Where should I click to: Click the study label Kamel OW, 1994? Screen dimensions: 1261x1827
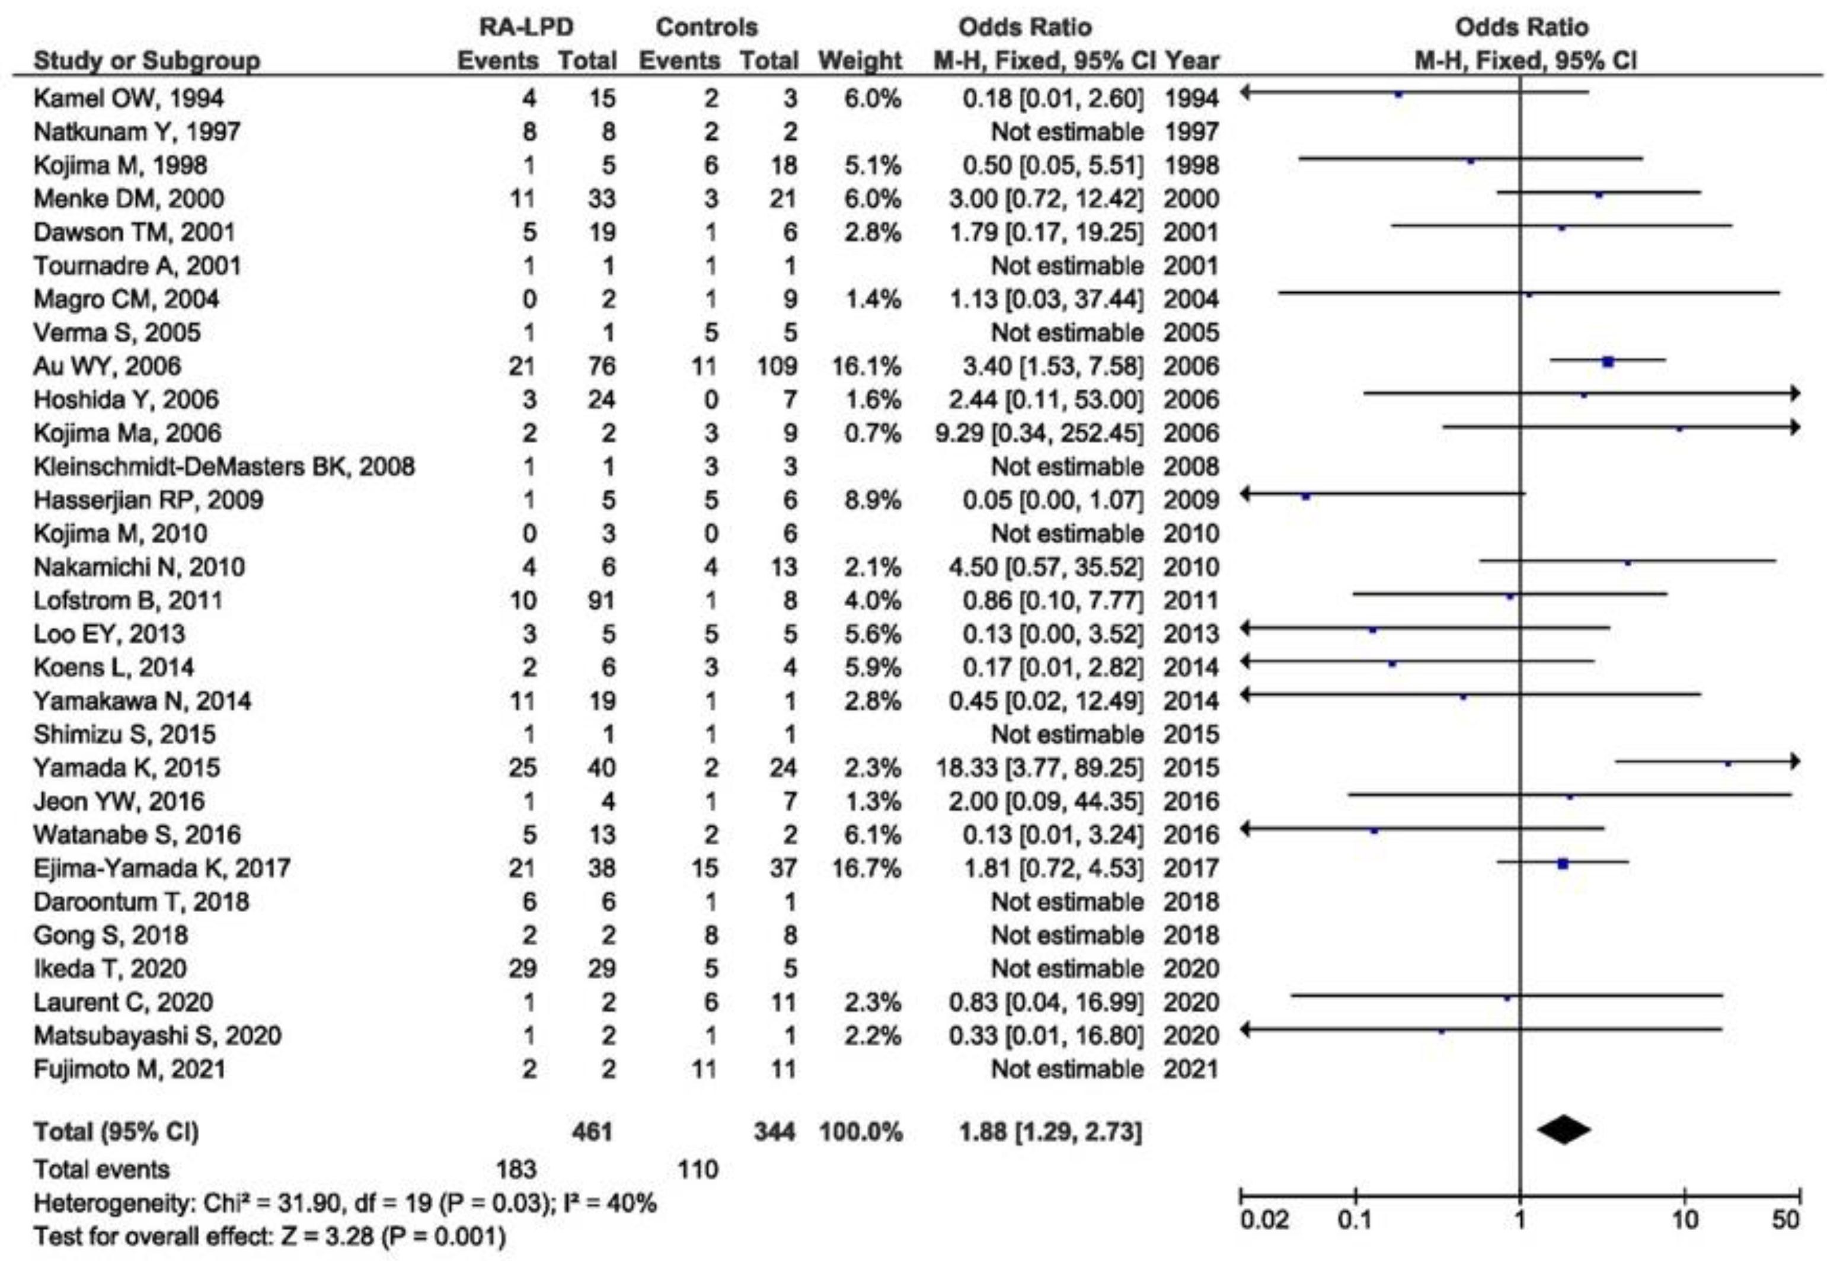pos(128,98)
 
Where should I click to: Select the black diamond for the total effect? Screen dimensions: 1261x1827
pos(1563,1130)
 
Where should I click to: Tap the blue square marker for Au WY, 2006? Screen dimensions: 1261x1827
pos(1607,363)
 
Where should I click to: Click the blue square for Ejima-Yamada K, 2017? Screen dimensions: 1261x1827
pos(1562,865)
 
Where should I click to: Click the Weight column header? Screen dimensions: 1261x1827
pos(860,61)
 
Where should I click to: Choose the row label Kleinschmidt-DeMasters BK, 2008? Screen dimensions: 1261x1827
pos(223,466)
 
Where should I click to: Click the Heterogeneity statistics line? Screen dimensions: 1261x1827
pos(344,1204)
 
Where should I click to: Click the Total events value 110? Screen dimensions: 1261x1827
pos(698,1169)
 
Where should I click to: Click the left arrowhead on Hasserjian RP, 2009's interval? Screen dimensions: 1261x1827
pos(1246,495)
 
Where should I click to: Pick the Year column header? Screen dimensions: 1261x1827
pos(1193,61)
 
